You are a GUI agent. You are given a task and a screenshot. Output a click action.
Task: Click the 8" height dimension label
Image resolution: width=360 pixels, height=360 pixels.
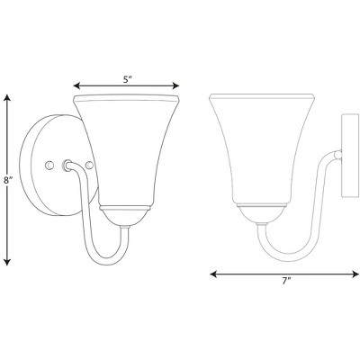7,181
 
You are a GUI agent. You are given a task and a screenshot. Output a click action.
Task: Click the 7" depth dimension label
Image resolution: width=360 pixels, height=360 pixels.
286,281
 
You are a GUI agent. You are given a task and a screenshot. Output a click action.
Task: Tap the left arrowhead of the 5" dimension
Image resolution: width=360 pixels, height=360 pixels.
76,86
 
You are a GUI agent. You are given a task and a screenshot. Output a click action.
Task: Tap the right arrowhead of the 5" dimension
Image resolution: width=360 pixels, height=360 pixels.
175,86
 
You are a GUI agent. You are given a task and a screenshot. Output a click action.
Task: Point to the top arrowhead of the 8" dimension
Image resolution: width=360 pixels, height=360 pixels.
8,98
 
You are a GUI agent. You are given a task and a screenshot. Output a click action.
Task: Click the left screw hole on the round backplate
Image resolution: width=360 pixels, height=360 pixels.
49,165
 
